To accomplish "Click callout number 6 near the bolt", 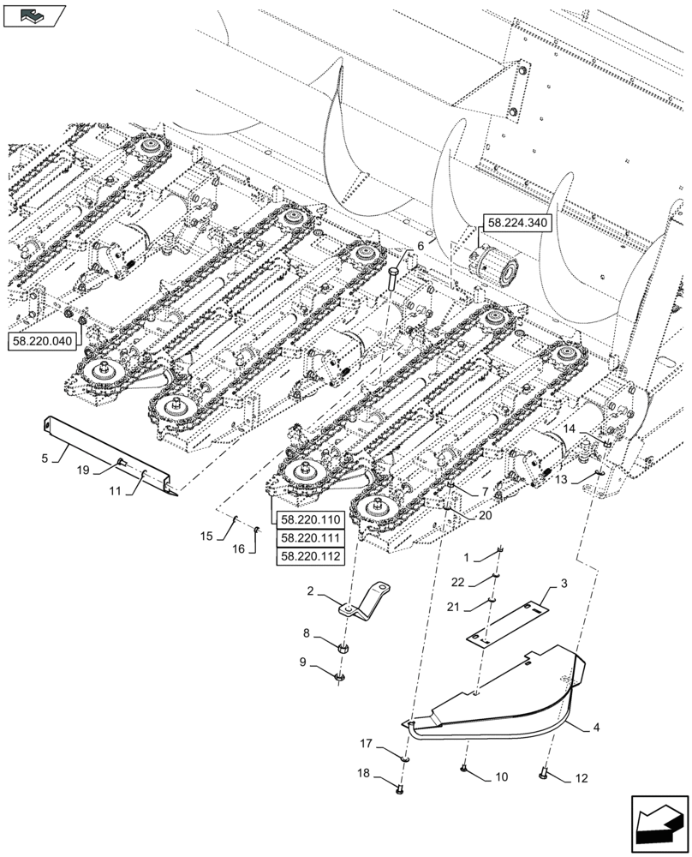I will (421, 246).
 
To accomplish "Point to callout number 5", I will (44, 458).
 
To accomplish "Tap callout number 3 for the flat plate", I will (564, 584).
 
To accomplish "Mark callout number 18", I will (364, 773).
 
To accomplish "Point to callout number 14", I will (570, 428).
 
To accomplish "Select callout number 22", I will (483, 582).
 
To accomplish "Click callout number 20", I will (485, 516).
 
